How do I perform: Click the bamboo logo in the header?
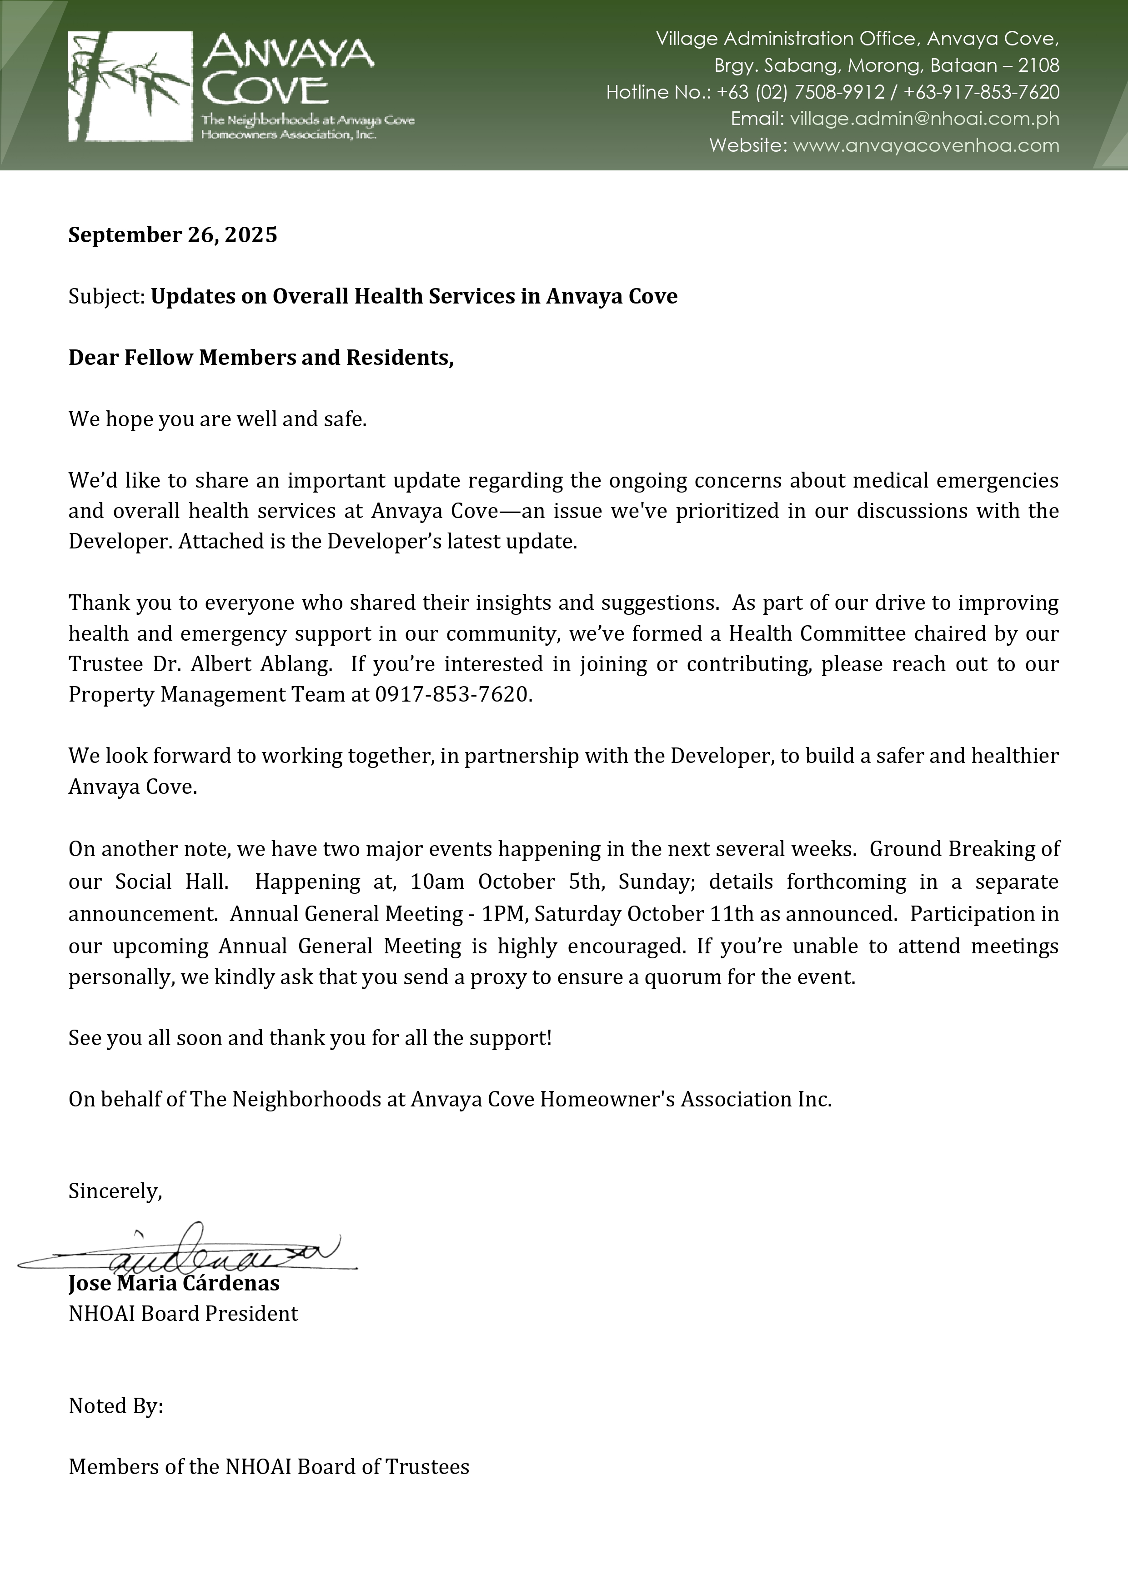130,86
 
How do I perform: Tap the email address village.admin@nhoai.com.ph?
924,119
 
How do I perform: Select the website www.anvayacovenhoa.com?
925,146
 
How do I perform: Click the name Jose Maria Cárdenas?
174,1283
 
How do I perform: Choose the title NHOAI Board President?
183,1314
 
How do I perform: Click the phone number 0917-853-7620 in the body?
452,694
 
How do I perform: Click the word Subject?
106,296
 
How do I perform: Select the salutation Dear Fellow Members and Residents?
261,358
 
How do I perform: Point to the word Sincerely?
115,1191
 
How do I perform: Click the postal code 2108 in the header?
1038,66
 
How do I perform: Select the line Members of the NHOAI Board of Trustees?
269,1466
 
